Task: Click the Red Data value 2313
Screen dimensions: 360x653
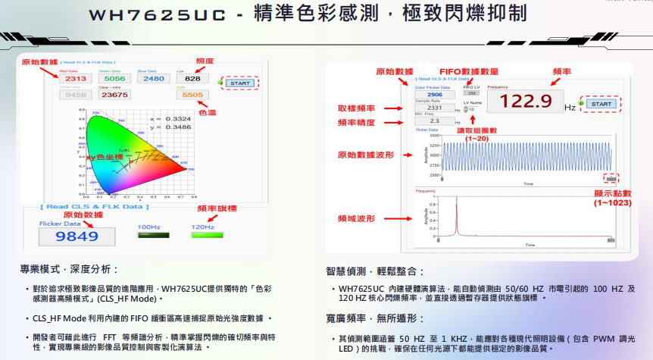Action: pyautogui.click(x=76, y=79)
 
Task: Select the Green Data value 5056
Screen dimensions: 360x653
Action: pyautogui.click(x=114, y=79)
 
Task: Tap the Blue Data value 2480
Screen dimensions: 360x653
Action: pyautogui.click(x=153, y=79)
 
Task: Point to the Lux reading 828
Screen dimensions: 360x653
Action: pyautogui.click(x=192, y=79)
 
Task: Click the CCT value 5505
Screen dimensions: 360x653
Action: pyautogui.click(x=192, y=95)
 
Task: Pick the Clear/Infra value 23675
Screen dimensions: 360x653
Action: pyautogui.click(x=114, y=95)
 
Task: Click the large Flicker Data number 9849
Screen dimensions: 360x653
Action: pyautogui.click(x=77, y=236)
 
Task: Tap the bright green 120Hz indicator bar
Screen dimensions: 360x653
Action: pyautogui.click(x=202, y=235)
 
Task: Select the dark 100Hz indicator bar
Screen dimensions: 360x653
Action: pyautogui.click(x=148, y=235)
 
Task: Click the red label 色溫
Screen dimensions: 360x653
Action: pyautogui.click(x=207, y=112)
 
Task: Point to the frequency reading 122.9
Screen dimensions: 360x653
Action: pyautogui.click(x=524, y=102)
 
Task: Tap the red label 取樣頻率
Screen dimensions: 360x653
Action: pyautogui.click(x=356, y=108)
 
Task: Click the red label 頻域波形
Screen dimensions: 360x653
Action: pyautogui.click(x=356, y=218)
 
